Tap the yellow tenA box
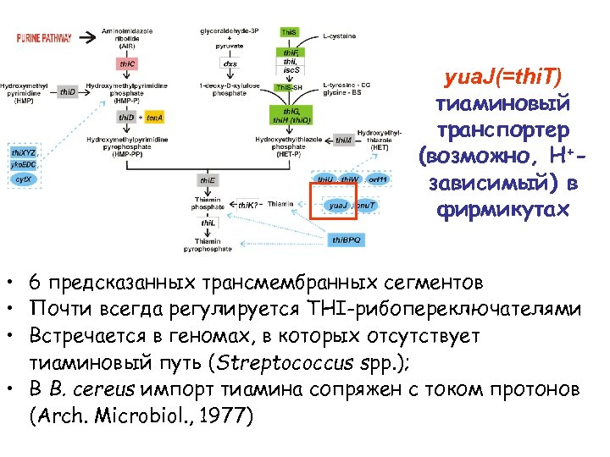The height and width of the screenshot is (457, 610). pos(154,117)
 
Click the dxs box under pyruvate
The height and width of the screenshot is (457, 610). pos(230,63)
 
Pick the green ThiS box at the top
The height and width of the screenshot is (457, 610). pos(289,32)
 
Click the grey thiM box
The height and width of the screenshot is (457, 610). pos(343,140)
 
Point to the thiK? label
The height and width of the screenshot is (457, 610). pos(247,206)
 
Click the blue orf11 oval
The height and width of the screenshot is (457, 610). pos(379,179)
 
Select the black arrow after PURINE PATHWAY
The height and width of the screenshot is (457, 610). pos(85,38)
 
